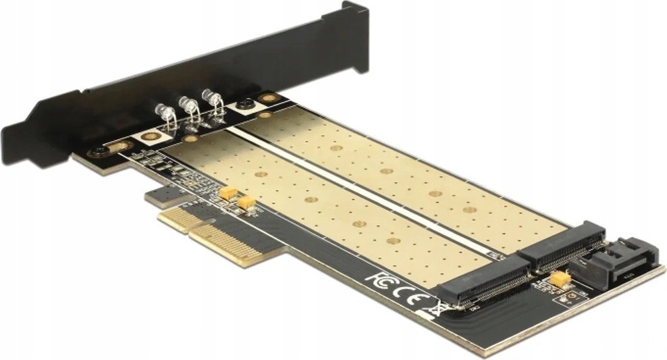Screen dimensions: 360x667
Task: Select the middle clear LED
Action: point(190,107)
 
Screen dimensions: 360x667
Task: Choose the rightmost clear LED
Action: point(214,101)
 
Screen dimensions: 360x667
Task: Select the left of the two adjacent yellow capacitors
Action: point(228,194)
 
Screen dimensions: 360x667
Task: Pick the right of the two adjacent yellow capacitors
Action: point(246,201)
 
